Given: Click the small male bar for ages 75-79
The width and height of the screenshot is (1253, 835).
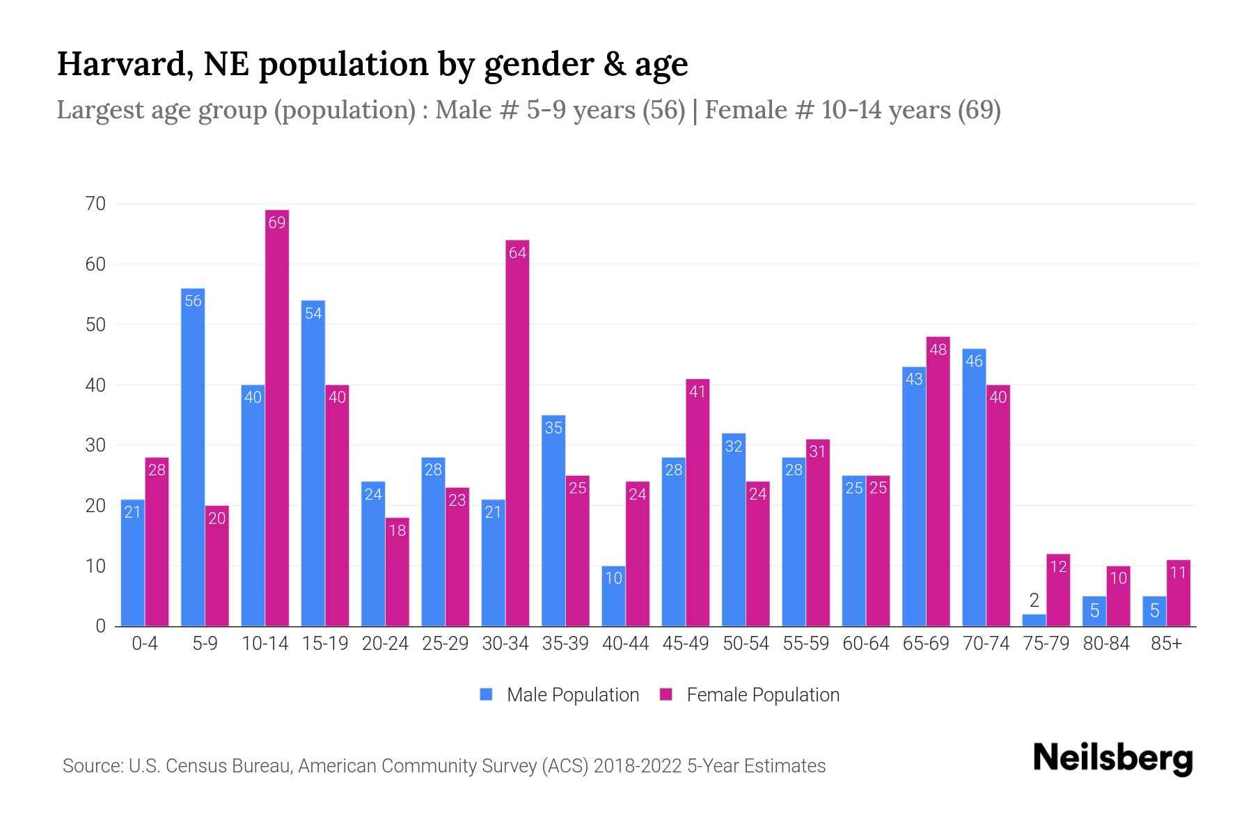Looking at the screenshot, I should (1034, 620).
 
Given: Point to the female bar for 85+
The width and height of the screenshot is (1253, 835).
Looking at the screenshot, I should (1178, 595).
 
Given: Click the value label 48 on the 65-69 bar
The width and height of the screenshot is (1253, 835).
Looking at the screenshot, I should (938, 349).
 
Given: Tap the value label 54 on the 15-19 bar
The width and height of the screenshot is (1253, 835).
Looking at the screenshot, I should (313, 313).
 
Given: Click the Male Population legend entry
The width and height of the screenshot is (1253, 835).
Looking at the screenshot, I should (560, 694).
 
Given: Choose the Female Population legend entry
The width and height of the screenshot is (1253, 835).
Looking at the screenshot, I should (750, 694).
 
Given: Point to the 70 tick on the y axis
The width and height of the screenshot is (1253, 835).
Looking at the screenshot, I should (95, 204).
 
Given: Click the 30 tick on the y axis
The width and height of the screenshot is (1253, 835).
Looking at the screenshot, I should (95, 445).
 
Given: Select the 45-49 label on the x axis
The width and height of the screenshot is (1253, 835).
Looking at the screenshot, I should (686, 644).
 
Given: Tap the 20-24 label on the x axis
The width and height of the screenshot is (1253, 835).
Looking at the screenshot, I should (385, 644).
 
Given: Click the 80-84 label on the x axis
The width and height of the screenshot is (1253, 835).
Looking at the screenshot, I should (1106, 644).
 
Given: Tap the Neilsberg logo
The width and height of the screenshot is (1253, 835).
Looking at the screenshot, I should (1112, 758).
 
